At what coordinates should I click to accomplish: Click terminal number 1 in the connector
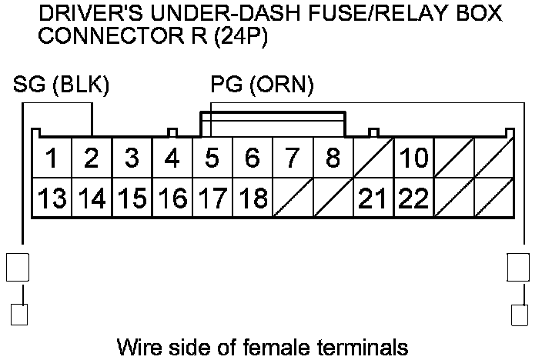click(52, 158)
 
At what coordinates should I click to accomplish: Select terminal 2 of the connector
click(92, 158)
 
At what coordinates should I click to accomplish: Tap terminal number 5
click(212, 158)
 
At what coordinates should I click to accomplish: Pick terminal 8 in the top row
click(333, 158)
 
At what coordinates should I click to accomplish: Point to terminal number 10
click(413, 158)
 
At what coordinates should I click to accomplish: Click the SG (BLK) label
click(62, 85)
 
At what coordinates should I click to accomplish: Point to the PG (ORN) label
click(262, 85)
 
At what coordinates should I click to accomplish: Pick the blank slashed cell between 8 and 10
click(373, 158)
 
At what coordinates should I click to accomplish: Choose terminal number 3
click(132, 158)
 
